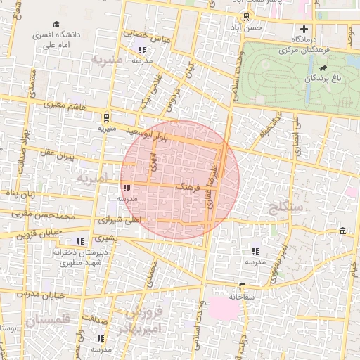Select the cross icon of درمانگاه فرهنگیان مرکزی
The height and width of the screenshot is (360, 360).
tap(304, 30)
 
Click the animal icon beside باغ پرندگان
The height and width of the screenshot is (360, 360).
tap(322, 68)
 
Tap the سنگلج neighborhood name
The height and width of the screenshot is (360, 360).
tap(285, 207)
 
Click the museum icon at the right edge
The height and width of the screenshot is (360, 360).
tap(342, 231)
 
